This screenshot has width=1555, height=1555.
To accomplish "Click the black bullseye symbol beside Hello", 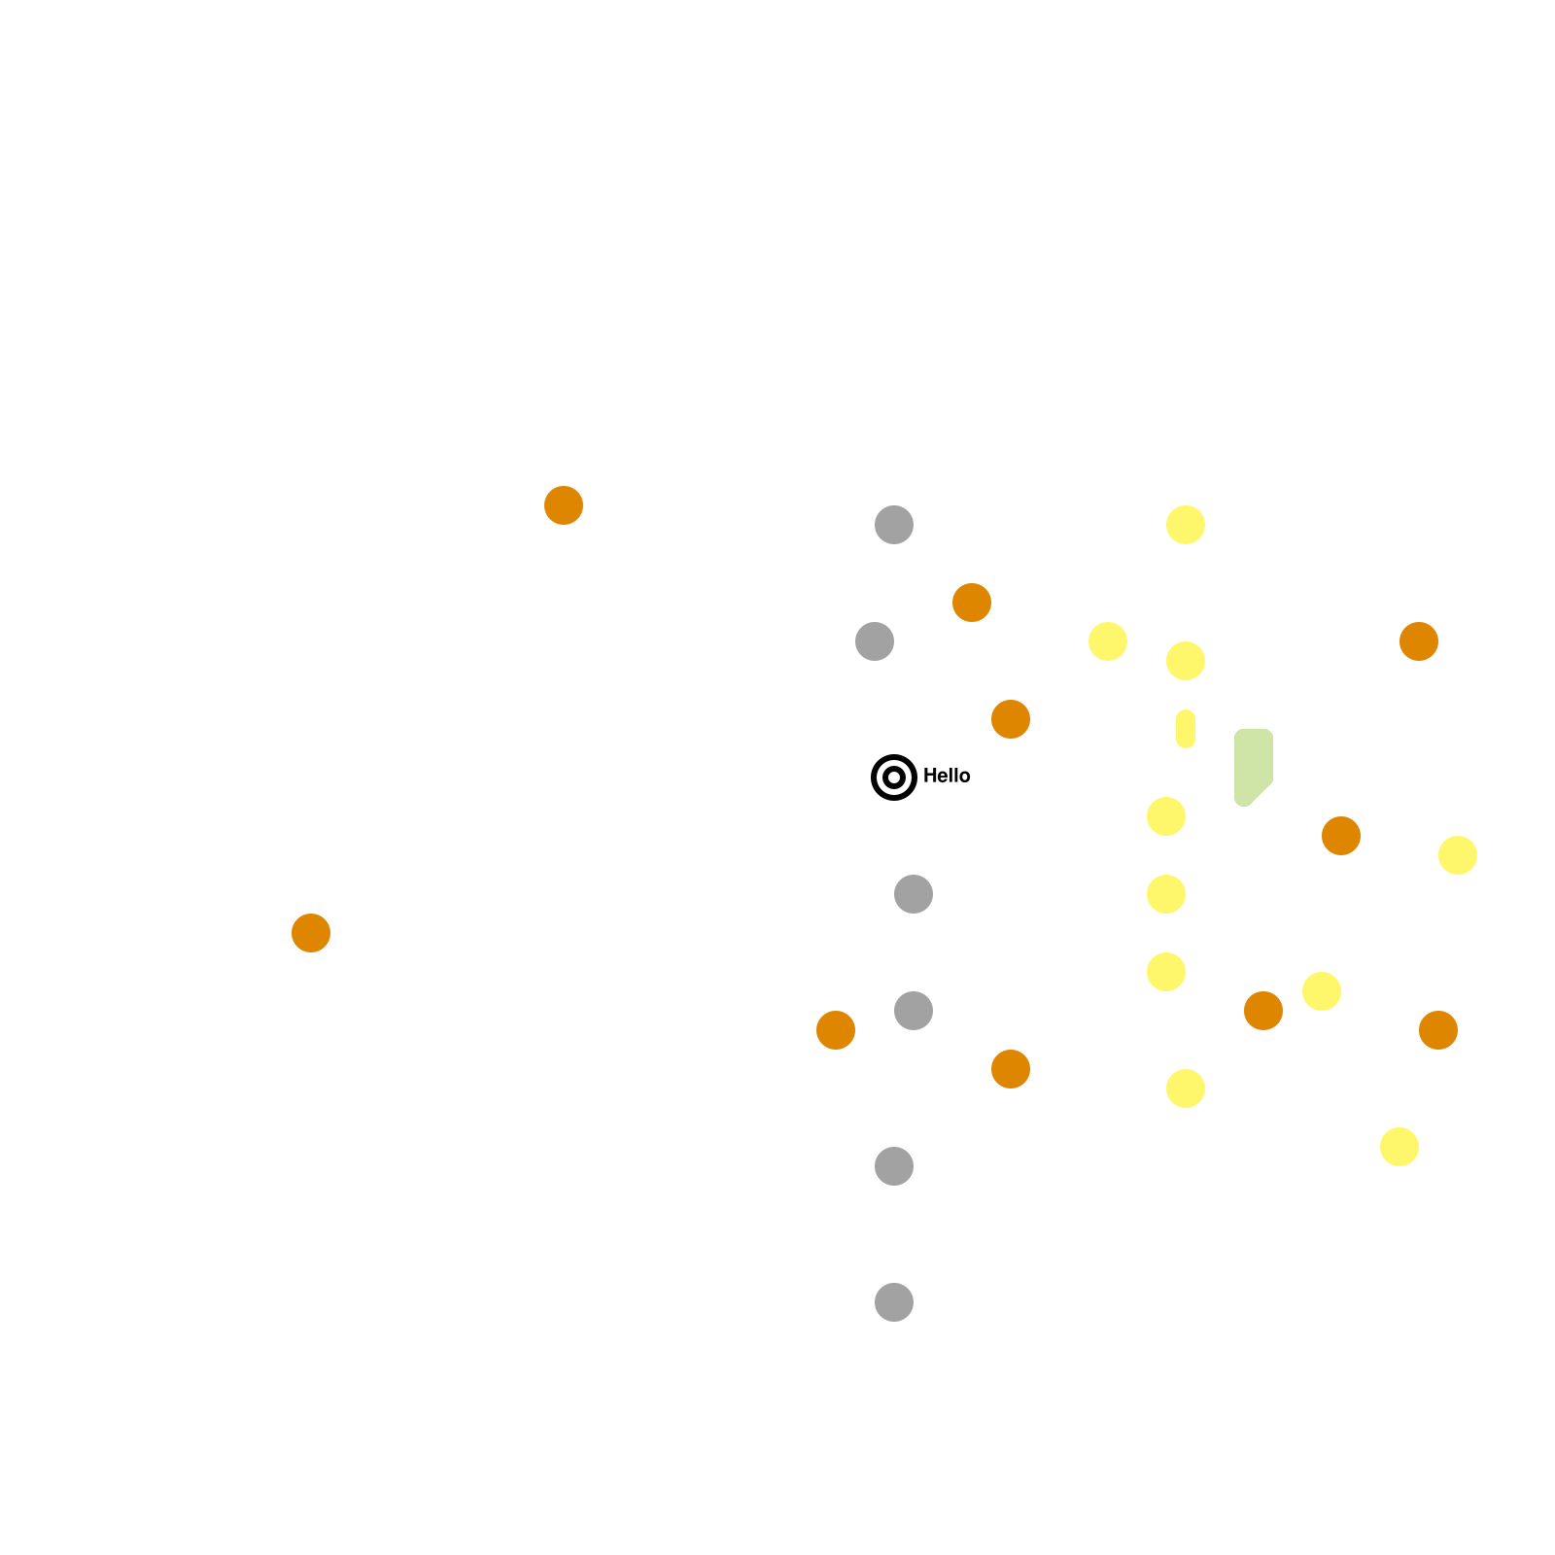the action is click(x=894, y=777).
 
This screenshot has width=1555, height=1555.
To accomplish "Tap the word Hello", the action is click(x=947, y=776).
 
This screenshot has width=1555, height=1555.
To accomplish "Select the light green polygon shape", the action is click(x=1252, y=765).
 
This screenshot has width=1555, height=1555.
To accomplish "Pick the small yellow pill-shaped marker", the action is click(x=1186, y=729).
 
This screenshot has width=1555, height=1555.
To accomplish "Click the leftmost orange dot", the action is click(x=311, y=933).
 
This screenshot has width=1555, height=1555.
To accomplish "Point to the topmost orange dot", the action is click(x=564, y=505).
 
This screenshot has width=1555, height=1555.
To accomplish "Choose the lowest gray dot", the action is click(x=894, y=1302).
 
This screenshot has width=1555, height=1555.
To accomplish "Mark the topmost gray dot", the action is click(x=894, y=525).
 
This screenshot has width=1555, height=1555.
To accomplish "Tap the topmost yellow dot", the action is click(x=1186, y=525).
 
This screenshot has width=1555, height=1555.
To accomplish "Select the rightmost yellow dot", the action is click(x=1458, y=855).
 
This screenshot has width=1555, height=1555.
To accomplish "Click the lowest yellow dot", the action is click(x=1399, y=1147).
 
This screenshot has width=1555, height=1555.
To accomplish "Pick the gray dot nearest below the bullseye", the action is click(x=914, y=894).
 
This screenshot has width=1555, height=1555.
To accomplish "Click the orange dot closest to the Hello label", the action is click(x=1011, y=719).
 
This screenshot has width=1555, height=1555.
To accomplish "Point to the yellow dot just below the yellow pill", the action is click(x=1166, y=816).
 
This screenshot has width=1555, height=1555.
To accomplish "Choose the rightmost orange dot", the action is click(x=1438, y=1030).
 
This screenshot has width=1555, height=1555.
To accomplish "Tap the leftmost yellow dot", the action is click(x=1108, y=641).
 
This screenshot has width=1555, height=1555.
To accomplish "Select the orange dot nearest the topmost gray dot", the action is click(x=972, y=603).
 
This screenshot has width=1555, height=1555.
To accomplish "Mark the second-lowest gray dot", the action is click(x=894, y=1166).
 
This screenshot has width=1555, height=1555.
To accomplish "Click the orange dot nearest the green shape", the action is click(x=1341, y=836).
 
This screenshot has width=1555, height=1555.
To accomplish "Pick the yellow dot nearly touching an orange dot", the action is click(x=1322, y=991).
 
